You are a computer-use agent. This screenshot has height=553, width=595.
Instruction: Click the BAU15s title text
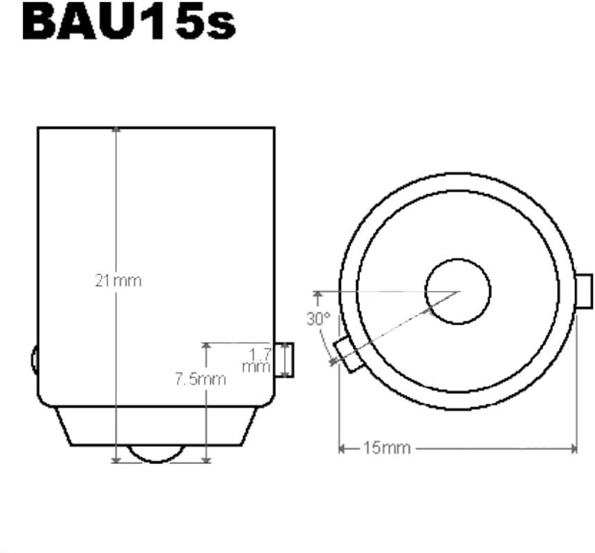click(x=129, y=23)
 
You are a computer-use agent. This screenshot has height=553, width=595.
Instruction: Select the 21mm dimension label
click(x=118, y=281)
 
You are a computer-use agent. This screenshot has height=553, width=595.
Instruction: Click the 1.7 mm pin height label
click(x=257, y=360)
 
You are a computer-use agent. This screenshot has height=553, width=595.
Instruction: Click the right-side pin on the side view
click(x=284, y=359)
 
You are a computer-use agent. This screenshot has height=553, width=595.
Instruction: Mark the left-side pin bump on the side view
click(x=34, y=359)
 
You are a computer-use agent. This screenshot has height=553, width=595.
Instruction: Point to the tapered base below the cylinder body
click(x=155, y=425)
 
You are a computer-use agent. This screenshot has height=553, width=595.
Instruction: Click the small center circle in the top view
click(x=457, y=291)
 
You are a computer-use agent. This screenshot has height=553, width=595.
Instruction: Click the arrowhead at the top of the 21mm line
click(x=116, y=130)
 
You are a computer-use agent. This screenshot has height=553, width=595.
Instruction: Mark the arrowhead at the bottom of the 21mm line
click(x=116, y=460)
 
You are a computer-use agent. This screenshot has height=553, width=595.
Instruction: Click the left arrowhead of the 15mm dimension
click(x=342, y=449)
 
